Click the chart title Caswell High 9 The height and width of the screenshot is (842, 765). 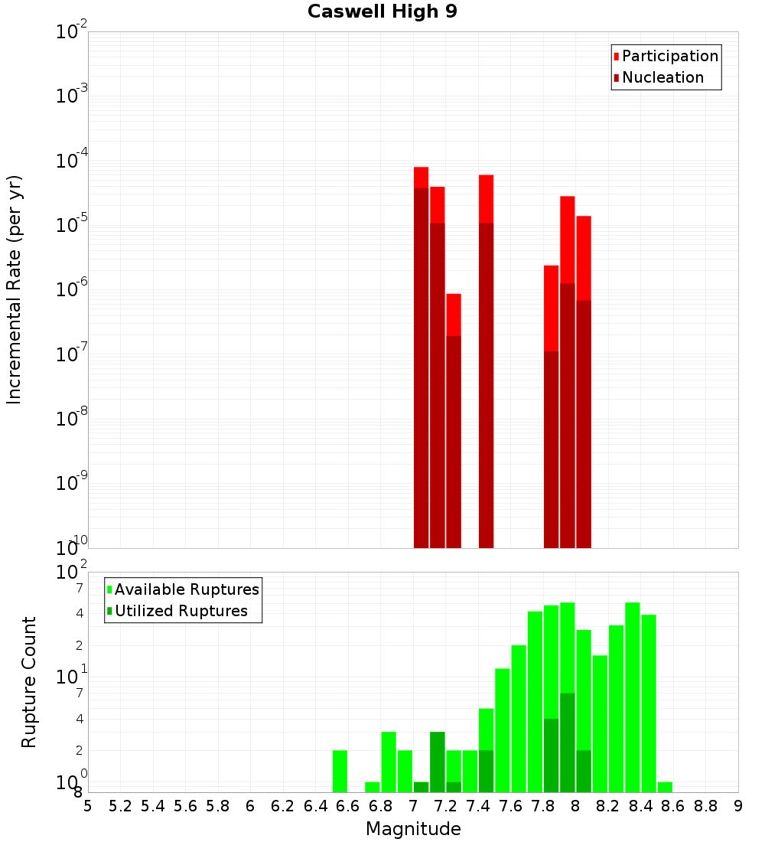click(382, 12)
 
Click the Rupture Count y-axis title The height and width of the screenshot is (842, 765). click(29, 682)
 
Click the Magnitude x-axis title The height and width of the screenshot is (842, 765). click(413, 829)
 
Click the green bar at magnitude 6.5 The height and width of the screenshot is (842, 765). click(340, 771)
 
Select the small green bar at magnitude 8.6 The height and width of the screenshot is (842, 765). click(665, 787)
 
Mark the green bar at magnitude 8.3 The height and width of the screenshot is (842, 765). click(632, 697)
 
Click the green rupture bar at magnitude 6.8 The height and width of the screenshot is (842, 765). click(389, 762)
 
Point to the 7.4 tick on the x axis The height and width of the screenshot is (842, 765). click(478, 805)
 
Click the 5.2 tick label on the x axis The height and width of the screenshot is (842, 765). click(120, 805)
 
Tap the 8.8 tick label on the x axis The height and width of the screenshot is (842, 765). click(705, 805)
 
